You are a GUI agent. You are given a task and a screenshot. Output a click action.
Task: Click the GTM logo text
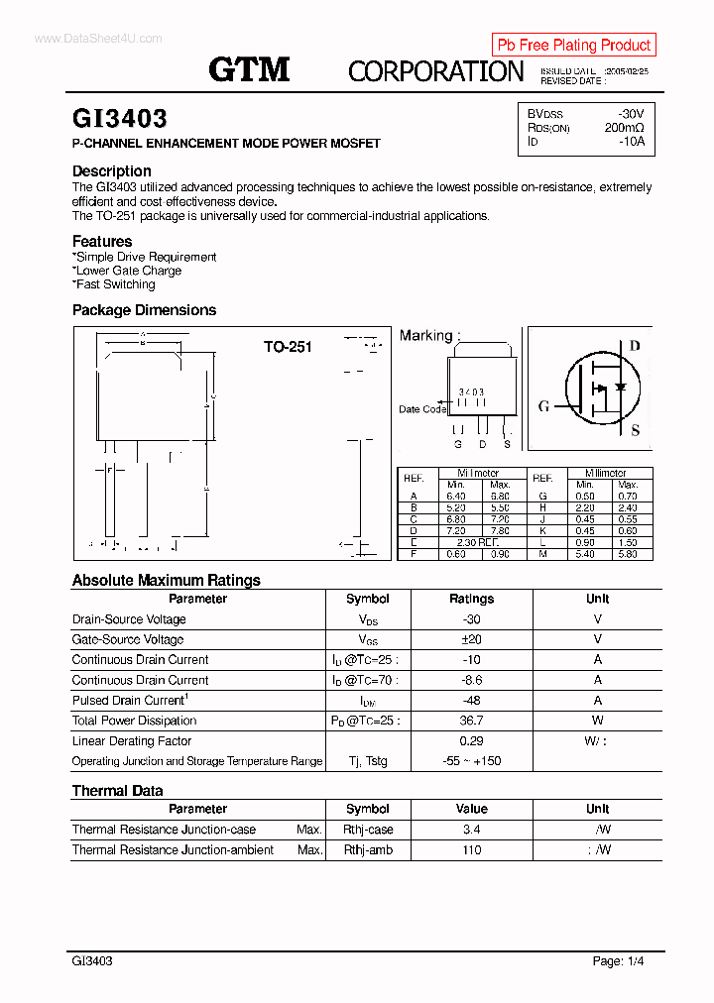[249, 68]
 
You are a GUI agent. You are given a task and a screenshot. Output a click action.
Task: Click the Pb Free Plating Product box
[573, 45]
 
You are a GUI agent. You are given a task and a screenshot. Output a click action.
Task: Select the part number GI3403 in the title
[119, 119]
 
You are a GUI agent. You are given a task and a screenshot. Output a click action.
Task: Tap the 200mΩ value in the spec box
[624, 128]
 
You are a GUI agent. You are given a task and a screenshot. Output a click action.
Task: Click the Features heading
[102, 241]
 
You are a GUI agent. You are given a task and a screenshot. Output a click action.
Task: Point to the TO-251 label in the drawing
[288, 347]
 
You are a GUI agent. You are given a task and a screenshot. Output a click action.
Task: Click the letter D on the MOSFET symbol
[635, 346]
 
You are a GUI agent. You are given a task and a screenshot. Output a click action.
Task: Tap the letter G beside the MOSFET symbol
[543, 405]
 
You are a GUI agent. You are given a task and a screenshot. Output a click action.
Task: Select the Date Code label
[422, 409]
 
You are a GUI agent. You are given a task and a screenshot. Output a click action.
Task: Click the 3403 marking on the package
[471, 392]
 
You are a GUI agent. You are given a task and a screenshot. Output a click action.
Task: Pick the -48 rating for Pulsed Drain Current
[471, 701]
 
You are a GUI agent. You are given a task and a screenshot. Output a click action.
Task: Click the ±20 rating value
[471, 639]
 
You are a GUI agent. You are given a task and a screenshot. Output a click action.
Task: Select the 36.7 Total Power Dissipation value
[471, 721]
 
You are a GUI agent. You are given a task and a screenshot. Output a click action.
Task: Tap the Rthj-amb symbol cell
[368, 850]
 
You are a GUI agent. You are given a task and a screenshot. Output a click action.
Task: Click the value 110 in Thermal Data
[471, 850]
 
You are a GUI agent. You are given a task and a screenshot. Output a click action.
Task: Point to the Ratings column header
[471, 599]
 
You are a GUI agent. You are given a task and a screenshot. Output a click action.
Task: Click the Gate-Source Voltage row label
[128, 639]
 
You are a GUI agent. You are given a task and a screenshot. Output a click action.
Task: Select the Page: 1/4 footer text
[620, 961]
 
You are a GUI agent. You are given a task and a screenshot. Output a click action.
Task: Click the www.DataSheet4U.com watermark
[84, 39]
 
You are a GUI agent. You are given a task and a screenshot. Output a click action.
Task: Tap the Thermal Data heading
[117, 790]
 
